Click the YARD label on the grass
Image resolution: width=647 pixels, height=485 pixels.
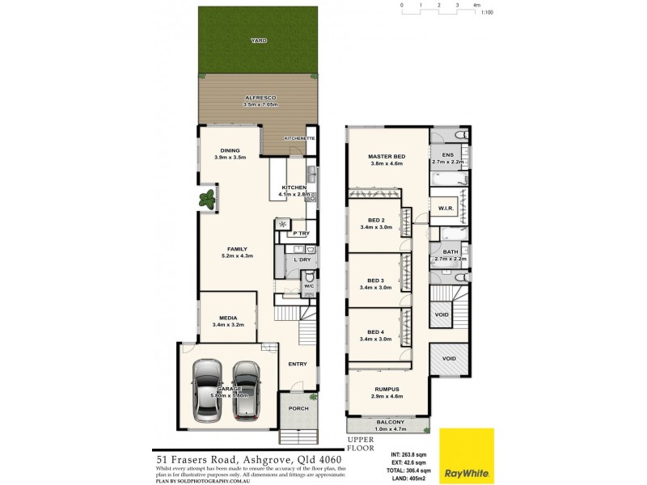[x=258, y=40]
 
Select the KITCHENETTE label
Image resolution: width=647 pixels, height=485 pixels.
[x=298, y=138]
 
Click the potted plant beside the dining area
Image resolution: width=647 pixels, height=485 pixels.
[x=209, y=196]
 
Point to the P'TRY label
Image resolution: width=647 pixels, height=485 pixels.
[x=301, y=234]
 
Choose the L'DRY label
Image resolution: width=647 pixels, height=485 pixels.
[x=302, y=259]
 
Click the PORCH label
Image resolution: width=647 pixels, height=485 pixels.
[x=298, y=408]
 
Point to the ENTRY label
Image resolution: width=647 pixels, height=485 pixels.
[x=297, y=364]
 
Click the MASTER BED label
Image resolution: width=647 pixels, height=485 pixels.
[x=386, y=156]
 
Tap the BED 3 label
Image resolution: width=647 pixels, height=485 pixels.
[x=375, y=280]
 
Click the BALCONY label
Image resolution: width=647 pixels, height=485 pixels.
[x=388, y=423]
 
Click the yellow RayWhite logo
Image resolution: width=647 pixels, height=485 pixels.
[x=467, y=456]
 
